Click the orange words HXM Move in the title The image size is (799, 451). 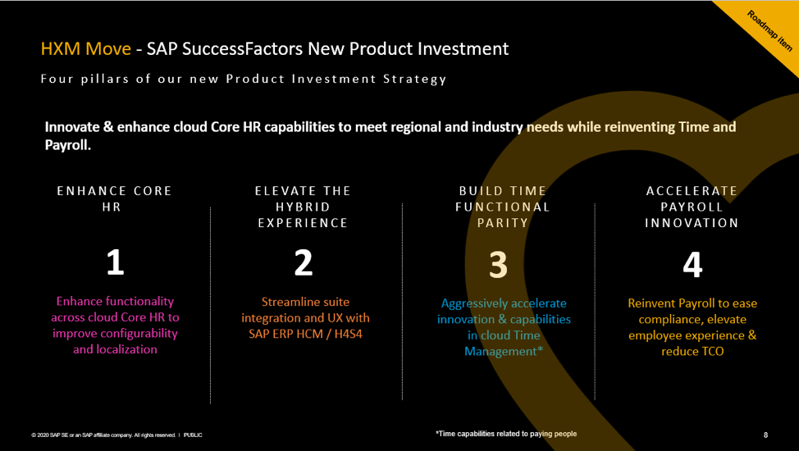click(x=85, y=48)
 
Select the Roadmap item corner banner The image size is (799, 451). click(x=766, y=31)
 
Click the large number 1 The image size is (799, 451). click(x=115, y=263)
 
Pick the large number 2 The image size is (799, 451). click(x=303, y=263)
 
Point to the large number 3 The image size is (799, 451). click(x=498, y=265)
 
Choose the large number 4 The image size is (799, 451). click(x=692, y=265)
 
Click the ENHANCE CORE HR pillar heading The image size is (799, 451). click(x=115, y=198)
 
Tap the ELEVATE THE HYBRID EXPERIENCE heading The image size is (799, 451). click(x=303, y=207)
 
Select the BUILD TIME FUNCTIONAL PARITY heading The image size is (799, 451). click(x=503, y=207)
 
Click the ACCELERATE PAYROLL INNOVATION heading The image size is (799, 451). click(x=692, y=207)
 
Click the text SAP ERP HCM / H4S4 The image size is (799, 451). click(x=305, y=334)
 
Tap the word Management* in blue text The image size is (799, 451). click(x=503, y=351)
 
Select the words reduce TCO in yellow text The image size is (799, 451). click(x=692, y=351)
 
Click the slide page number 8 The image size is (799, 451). click(x=765, y=435)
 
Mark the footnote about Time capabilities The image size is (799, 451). click(x=506, y=434)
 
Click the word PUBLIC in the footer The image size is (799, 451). click(x=193, y=435)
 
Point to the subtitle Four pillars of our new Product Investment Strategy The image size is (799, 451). click(x=244, y=79)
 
